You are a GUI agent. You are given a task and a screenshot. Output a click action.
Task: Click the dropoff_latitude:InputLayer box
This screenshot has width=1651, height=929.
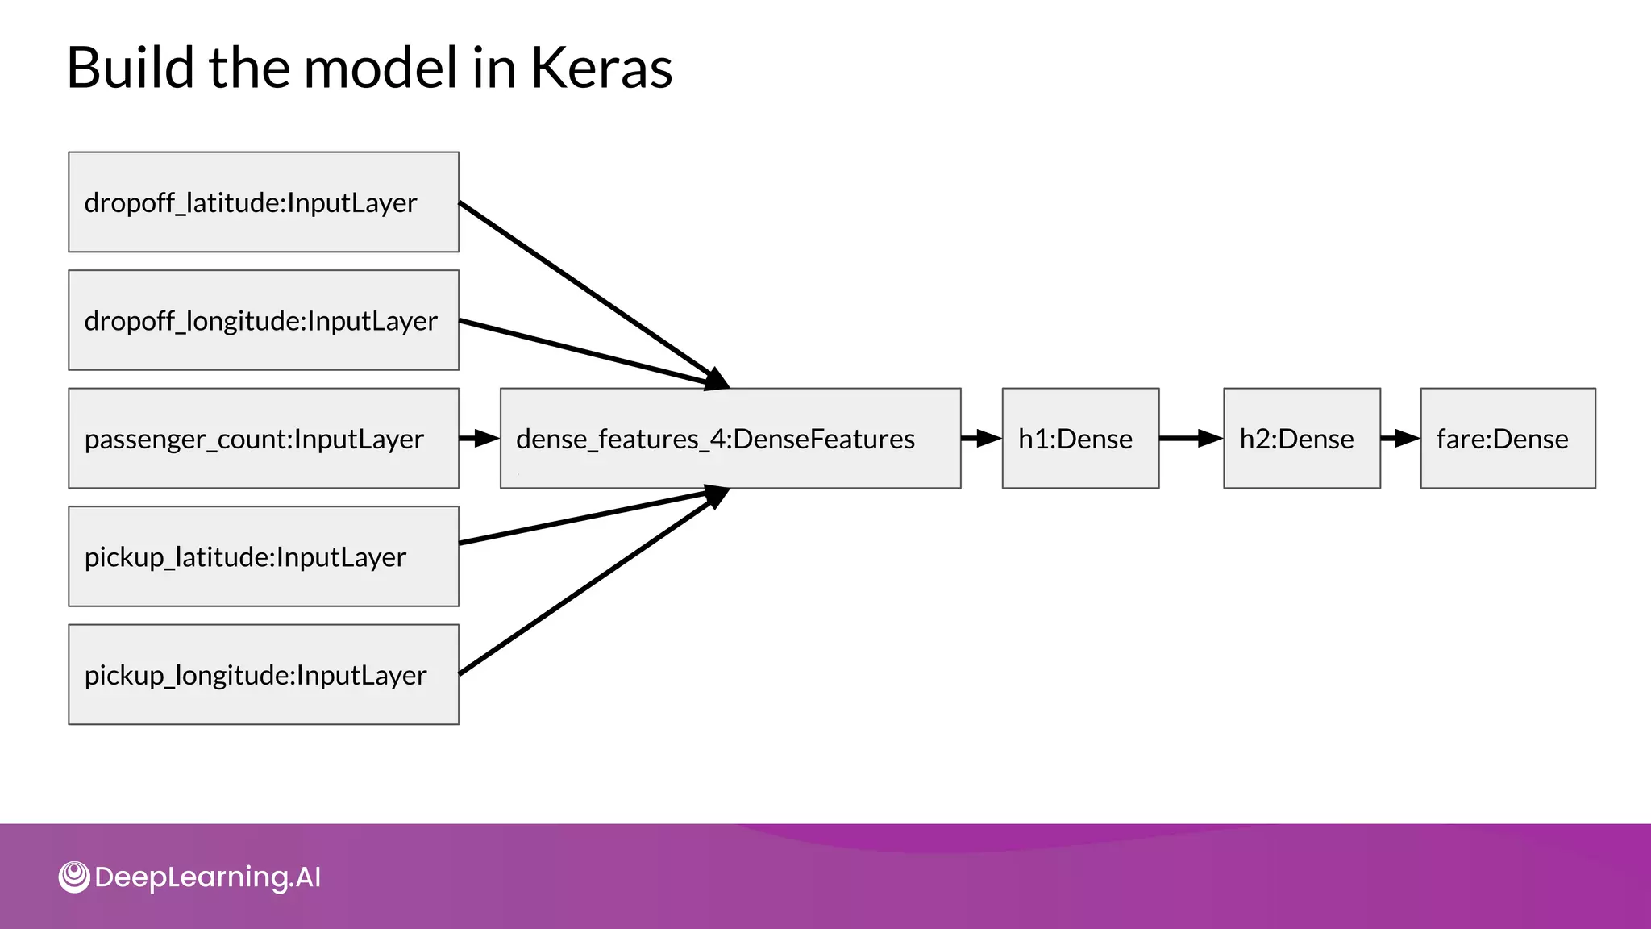point(264,202)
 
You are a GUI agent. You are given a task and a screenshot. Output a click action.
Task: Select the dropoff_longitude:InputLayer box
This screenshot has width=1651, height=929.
point(264,320)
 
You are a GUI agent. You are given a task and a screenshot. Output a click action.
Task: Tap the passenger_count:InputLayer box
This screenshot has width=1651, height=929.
point(264,438)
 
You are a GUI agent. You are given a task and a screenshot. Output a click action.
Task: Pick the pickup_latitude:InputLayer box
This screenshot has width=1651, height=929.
point(264,556)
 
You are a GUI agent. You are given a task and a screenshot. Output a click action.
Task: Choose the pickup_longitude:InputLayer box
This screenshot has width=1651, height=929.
point(264,674)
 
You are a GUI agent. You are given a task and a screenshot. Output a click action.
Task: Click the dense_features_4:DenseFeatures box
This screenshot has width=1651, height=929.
point(730,438)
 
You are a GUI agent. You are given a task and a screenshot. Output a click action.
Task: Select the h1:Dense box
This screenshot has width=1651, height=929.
point(1080,438)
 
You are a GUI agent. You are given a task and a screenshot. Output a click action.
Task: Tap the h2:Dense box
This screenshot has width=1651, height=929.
point(1301,438)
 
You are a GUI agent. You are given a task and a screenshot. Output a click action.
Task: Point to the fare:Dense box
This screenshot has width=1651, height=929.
point(1508,438)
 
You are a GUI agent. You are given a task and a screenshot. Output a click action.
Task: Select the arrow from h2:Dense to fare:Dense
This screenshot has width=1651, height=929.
point(1399,438)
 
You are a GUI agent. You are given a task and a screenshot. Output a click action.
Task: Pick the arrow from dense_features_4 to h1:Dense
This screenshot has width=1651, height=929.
point(980,438)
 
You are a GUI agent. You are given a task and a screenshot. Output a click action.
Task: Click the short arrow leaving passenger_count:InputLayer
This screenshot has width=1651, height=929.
point(479,438)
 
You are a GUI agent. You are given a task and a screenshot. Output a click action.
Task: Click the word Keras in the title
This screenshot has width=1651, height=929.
point(601,68)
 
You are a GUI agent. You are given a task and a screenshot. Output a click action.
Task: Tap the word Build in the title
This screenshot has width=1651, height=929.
point(130,68)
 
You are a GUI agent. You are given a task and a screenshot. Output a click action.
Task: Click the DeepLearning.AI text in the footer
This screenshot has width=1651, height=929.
point(208,877)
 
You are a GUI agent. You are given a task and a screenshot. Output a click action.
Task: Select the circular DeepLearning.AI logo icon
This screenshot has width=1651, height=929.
point(74,877)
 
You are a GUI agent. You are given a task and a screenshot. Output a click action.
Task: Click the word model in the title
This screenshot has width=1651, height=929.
point(381,68)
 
